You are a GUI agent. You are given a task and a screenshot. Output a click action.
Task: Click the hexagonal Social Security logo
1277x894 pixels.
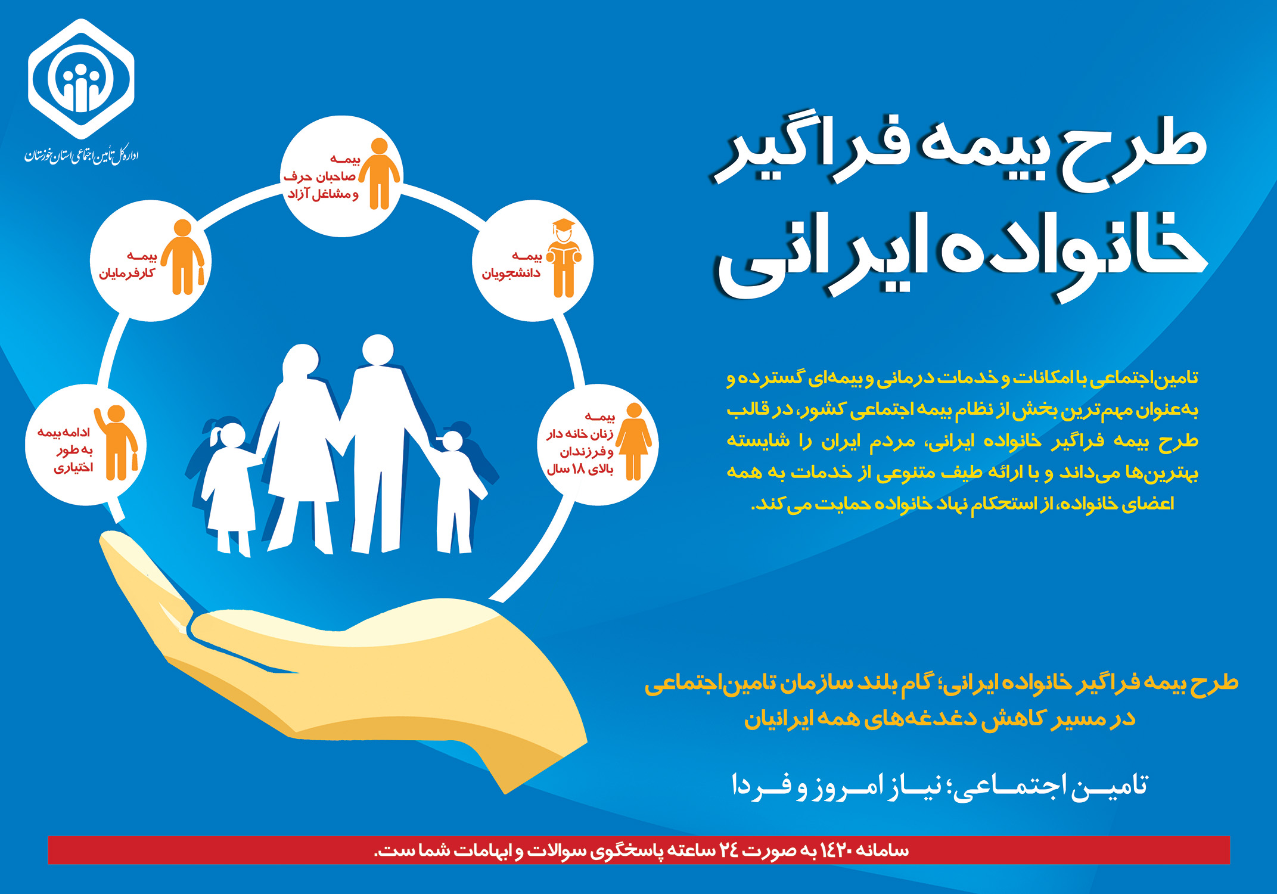point(81,79)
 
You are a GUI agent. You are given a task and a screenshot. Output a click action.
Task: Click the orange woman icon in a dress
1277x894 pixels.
point(633,442)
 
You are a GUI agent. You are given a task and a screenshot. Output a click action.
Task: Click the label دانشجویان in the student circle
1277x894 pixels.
point(511,274)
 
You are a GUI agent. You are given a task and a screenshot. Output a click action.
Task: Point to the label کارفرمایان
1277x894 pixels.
point(127,274)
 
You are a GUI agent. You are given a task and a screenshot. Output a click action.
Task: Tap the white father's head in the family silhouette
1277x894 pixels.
point(378,350)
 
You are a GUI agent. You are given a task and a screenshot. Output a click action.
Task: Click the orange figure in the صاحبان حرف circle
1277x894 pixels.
point(379,173)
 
